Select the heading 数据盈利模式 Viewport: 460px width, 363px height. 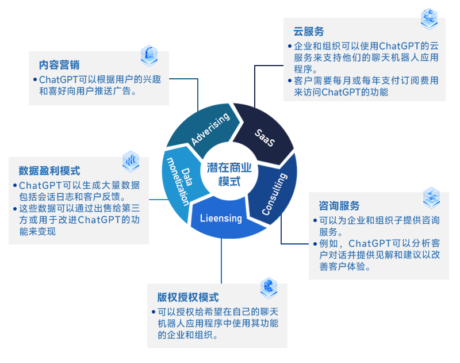(49, 171)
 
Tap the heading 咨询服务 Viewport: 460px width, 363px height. (340, 206)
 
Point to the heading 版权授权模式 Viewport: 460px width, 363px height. (188, 297)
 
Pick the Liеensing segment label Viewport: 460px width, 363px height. (221, 219)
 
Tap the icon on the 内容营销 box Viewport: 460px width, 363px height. (149, 55)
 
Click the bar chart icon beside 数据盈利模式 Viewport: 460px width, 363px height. (131, 161)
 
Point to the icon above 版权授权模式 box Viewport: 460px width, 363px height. (269, 286)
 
